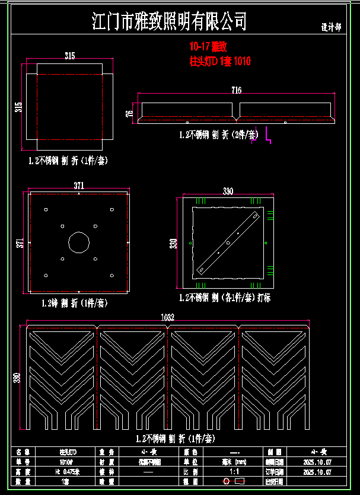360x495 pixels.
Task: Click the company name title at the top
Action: (170, 23)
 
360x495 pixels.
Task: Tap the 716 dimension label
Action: (237, 90)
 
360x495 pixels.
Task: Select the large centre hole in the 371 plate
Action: (78, 242)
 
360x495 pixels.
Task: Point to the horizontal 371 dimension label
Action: (78, 186)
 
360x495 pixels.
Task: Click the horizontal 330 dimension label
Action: (227, 191)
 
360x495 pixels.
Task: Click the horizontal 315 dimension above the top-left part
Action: (69, 56)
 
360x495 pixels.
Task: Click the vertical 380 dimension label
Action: (17, 378)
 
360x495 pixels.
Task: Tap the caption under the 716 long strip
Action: (218, 135)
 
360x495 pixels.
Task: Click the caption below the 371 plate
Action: (74, 303)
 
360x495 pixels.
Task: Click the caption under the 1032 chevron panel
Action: (168, 439)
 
